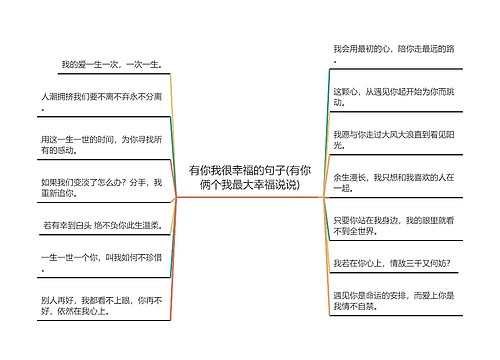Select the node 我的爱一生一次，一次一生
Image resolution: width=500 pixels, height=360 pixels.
[111, 65]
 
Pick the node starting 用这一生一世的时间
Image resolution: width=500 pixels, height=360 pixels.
[102, 143]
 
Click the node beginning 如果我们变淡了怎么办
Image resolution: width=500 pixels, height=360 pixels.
[101, 188]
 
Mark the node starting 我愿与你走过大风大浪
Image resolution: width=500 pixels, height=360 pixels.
[393, 138]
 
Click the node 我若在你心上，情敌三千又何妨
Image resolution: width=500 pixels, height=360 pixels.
[391, 263]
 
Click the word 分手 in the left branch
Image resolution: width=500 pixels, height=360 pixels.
[140, 182]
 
